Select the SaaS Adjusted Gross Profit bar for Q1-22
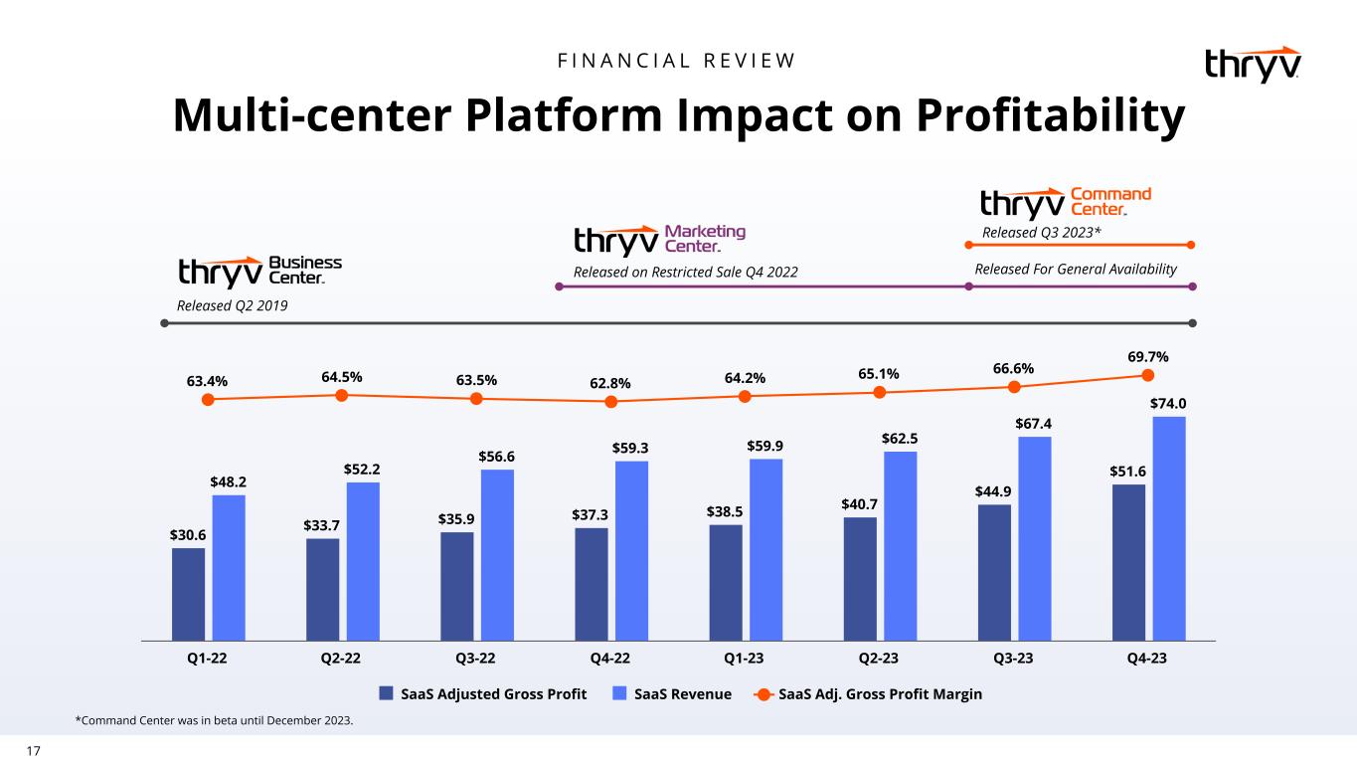coord(189,593)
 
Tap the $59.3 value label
coord(631,448)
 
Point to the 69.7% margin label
coord(1148,356)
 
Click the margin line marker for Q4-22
coord(610,402)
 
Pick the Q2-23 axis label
coord(879,658)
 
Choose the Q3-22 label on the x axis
coord(475,658)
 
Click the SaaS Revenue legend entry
coord(672,693)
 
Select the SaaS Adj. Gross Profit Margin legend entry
coord(869,693)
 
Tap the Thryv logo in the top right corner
coord(1253,65)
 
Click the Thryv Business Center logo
coord(259,271)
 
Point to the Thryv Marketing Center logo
coord(659,240)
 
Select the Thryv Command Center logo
coord(1065,202)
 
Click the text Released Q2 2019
coord(232,305)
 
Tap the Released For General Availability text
coord(1076,270)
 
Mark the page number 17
coord(33,751)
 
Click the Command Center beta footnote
coord(214,720)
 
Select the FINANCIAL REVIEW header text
coord(677,61)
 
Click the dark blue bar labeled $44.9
coord(994,571)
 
